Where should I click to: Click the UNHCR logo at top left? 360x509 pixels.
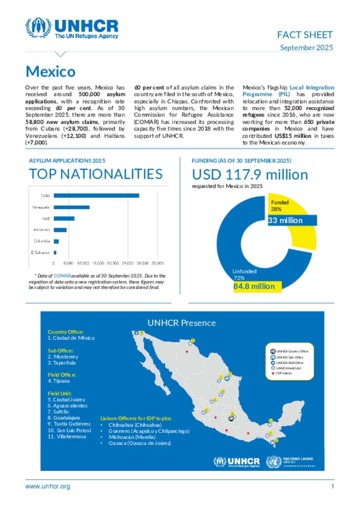coord(72,28)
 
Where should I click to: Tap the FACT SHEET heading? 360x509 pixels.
coord(304,35)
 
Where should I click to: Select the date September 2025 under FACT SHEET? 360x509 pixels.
coord(306,47)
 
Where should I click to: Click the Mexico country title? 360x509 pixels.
coord(51,72)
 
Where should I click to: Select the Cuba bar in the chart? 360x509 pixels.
coord(96,196)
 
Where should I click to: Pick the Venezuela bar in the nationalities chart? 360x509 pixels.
coord(72,207)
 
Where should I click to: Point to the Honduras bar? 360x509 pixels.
coord(60,230)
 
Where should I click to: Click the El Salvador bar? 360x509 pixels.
coord(55,253)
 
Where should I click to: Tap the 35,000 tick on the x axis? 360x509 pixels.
coord(157,263)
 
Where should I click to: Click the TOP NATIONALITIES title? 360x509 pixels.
coord(96,174)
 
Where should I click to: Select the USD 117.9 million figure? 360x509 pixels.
coord(250,175)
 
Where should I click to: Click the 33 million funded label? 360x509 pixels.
coord(285,221)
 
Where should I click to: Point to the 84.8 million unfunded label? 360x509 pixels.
coord(254,286)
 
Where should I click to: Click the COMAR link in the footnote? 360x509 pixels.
coord(62,276)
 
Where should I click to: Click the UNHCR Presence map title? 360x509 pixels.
coord(181,323)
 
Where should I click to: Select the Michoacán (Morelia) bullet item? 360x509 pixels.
coord(132,437)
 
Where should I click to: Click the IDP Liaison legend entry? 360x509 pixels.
coord(284,373)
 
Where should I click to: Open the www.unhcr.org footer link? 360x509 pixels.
coord(47,487)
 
